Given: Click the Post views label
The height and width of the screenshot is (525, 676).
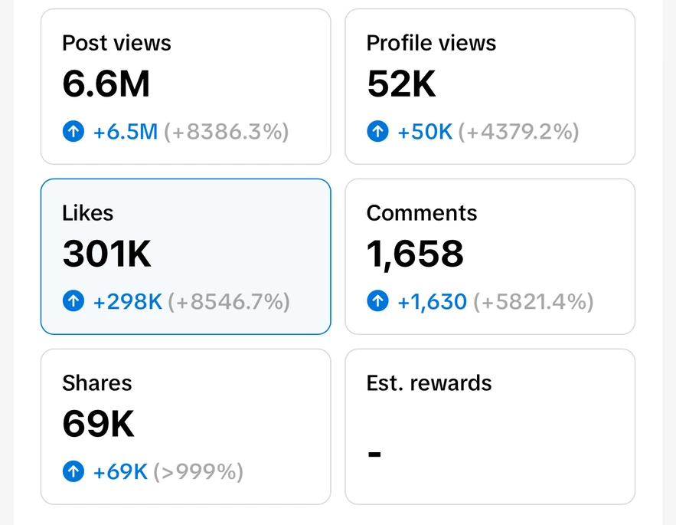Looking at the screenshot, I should tap(116, 43).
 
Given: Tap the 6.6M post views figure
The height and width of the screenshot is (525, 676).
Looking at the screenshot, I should tap(106, 84).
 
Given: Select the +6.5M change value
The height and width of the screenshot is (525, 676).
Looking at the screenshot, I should tap(126, 132).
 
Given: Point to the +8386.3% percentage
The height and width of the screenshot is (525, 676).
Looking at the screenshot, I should tap(227, 132).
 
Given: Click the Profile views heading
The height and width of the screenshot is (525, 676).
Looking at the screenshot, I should tap(431, 43).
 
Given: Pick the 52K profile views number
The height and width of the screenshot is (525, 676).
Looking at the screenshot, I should tap(401, 84).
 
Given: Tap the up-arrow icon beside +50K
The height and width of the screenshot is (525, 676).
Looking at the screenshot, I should tap(377, 132).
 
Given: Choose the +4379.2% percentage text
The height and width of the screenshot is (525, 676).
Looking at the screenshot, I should tap(519, 132).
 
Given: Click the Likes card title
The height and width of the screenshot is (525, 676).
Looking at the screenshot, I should tap(88, 213).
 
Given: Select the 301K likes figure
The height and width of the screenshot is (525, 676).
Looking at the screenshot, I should tap(106, 254).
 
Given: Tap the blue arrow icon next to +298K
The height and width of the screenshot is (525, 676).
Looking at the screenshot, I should tap(73, 302).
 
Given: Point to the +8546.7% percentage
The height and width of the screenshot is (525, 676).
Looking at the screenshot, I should tap(229, 302).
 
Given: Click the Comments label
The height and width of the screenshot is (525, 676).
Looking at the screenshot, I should tap(422, 213).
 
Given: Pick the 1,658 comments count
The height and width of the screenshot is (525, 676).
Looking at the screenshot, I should tap(415, 254).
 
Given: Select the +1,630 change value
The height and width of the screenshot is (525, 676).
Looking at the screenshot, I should tap(432, 302).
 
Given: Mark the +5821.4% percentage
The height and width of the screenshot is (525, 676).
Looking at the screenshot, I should tap(534, 302).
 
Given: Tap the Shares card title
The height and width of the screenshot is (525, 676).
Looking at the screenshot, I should tap(97, 383).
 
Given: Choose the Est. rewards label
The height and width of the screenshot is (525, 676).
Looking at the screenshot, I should tap(429, 383).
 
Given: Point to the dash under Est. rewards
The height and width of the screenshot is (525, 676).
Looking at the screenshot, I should tap(374, 454).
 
